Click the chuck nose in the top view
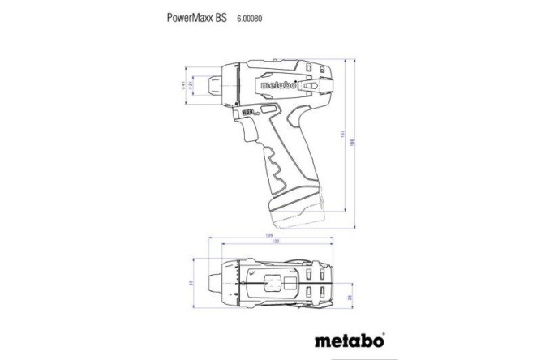[215, 283]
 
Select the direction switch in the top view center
[274, 284]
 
